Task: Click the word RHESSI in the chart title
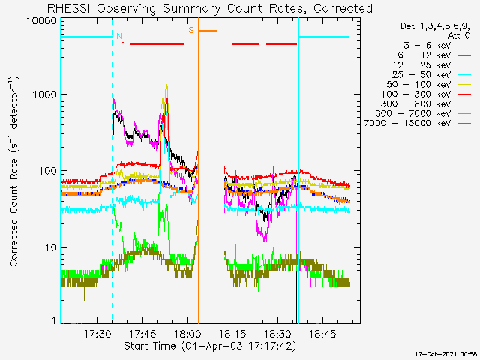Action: point(69,8)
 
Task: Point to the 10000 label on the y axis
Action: point(41,21)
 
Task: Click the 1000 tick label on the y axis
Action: point(44,94)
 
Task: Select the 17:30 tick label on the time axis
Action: point(97,334)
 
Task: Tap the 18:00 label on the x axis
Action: point(187,334)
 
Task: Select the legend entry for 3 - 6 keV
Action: point(437,46)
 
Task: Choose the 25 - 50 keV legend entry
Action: point(431,75)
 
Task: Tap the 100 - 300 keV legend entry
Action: point(426,94)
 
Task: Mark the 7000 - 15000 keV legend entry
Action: point(418,123)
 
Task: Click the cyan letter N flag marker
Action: point(119,36)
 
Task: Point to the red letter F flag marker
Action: point(123,43)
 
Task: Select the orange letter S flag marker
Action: point(191,30)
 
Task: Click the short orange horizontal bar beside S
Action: point(208,31)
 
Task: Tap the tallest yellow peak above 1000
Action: point(166,83)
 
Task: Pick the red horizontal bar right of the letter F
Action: point(157,43)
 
